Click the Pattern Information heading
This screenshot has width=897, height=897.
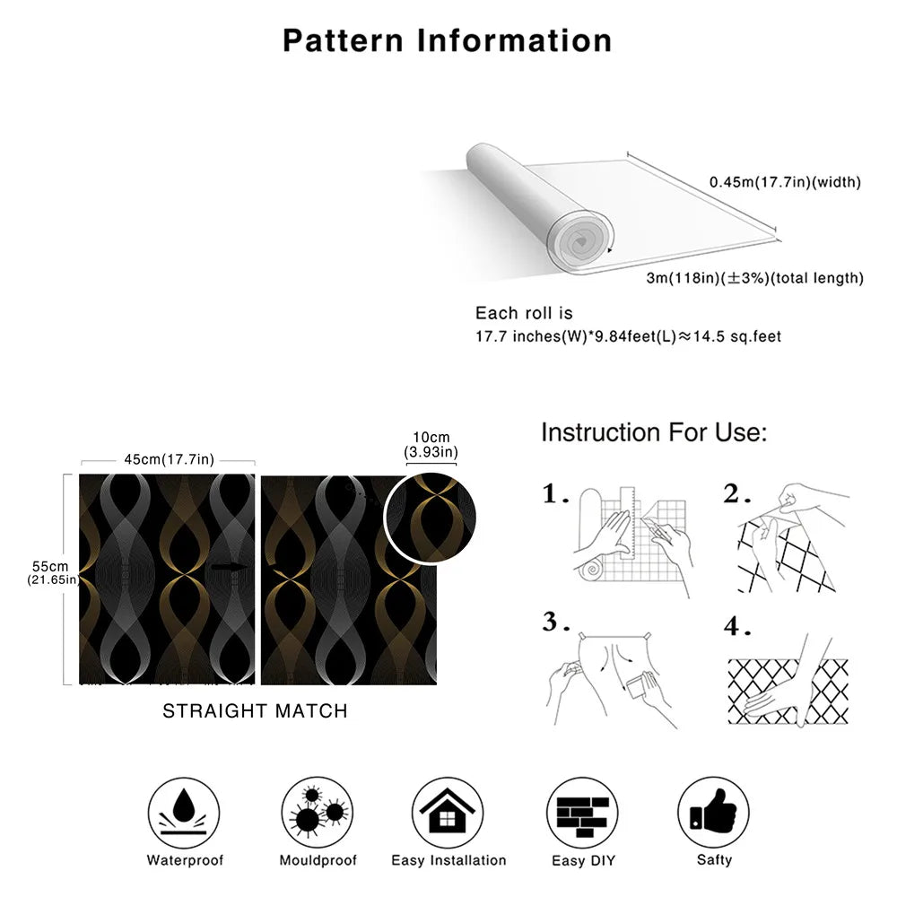[x=448, y=40]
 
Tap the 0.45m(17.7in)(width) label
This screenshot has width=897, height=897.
[x=785, y=182]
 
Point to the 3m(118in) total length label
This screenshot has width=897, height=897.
[x=755, y=278]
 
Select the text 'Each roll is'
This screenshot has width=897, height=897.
[x=524, y=313]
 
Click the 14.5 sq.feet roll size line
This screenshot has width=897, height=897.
[x=628, y=337]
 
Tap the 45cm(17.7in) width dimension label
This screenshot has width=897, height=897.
[x=169, y=460]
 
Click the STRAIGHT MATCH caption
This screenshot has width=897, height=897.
[x=255, y=711]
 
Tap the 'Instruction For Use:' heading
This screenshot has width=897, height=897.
[x=654, y=432]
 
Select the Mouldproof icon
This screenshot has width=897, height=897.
[x=318, y=813]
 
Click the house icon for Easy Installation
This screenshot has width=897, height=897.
[x=448, y=813]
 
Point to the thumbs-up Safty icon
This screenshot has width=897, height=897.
[x=714, y=813]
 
